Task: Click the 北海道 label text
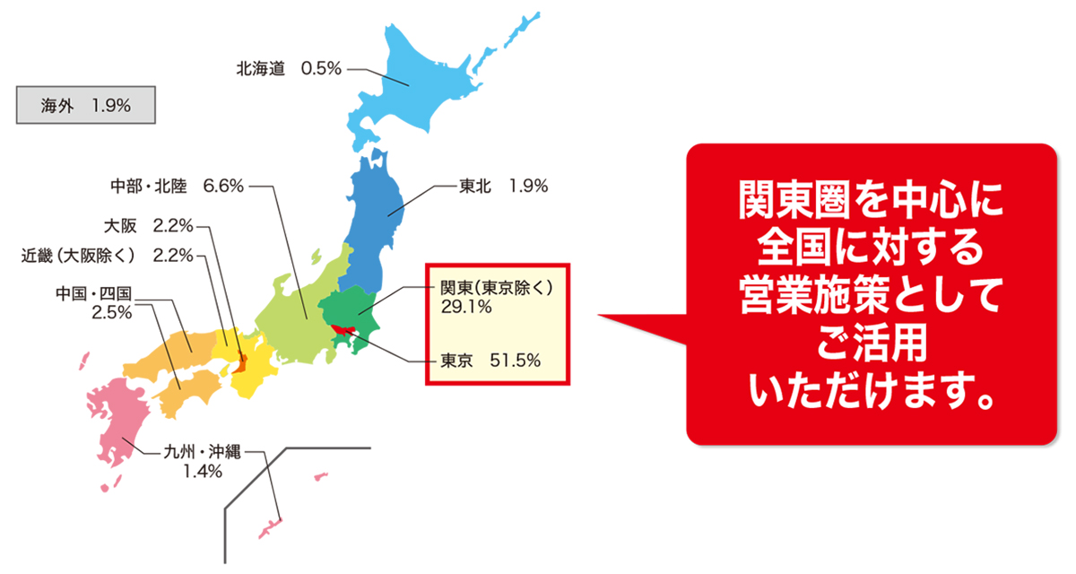tap(261, 68)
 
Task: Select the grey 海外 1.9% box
tap(86, 105)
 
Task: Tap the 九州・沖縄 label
tap(203, 454)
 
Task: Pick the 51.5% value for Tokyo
tap(516, 361)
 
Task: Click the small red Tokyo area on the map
tap(342, 332)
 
